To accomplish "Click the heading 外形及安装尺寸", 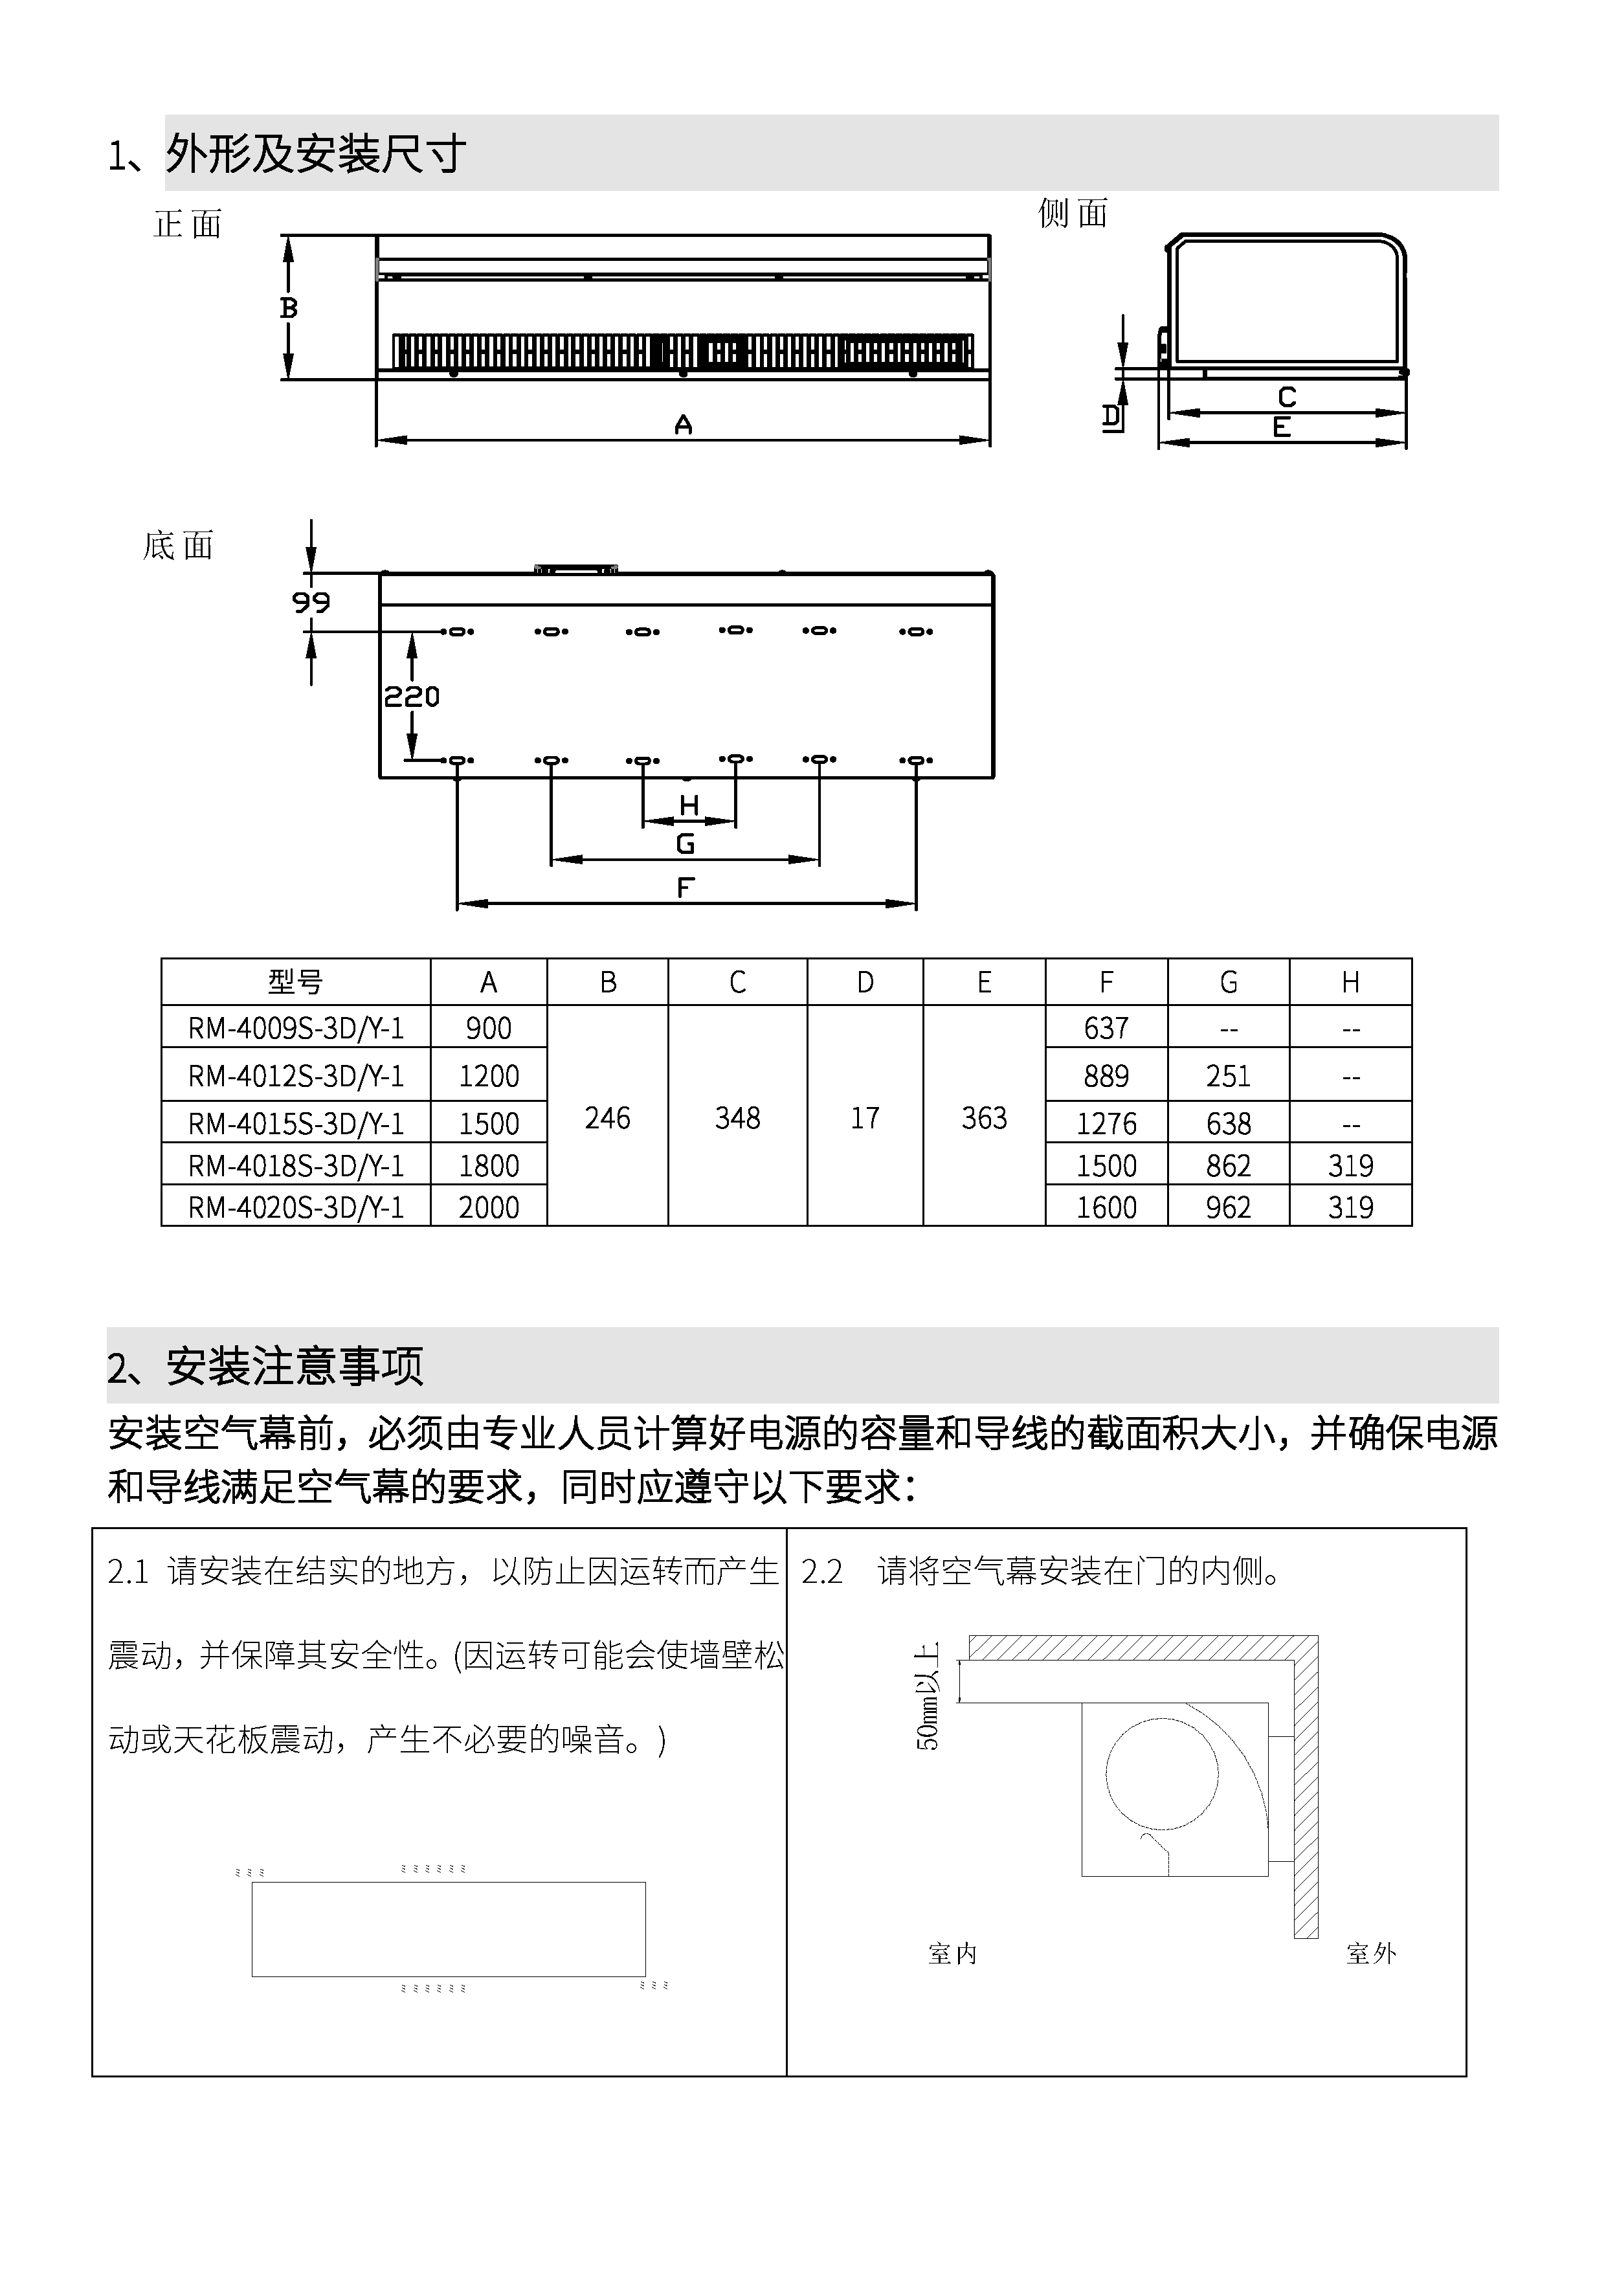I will (315, 154).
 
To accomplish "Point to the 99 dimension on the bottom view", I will (311, 601).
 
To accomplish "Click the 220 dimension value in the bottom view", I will (412, 697).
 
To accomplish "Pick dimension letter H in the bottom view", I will (689, 806).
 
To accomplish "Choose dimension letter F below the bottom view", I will (686, 888).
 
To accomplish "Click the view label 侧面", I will (1073, 212).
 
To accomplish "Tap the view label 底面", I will (178, 545).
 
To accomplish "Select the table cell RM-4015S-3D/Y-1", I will (296, 1124).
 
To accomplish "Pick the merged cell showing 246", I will (607, 1117).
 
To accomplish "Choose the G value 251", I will (1228, 1075).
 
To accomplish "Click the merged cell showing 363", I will (984, 1117).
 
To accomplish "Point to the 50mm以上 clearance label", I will (929, 1696).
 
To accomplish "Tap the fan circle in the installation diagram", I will (1161, 1773).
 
